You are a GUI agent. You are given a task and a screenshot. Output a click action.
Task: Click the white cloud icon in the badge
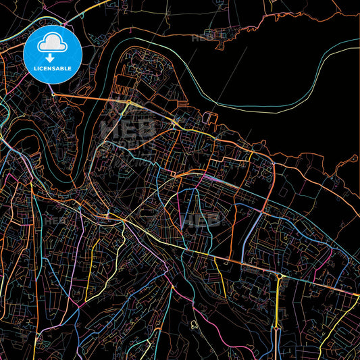[52, 45]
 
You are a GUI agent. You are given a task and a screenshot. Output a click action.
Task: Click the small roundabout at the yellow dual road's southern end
[276, 327]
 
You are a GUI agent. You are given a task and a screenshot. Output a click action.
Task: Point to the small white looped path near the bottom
[194, 324]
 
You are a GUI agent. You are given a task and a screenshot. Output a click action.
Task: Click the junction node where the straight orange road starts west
[54, 95]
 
